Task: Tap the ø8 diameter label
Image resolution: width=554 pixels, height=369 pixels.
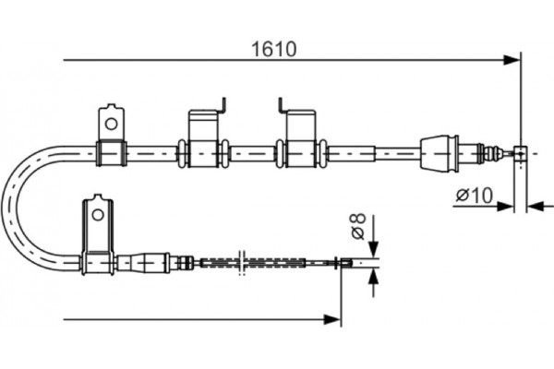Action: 357,224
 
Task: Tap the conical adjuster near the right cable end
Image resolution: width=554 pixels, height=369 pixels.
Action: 439,152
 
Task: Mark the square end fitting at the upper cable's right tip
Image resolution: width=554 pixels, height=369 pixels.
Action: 521,153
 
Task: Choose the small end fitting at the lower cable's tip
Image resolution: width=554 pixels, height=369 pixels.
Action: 346,263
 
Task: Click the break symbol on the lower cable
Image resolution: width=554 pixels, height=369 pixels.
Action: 240,262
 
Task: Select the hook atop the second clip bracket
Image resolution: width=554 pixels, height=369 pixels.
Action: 280,104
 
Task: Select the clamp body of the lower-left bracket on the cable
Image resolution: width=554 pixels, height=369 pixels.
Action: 97,263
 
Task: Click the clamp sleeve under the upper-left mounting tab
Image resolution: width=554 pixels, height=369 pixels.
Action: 111,152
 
